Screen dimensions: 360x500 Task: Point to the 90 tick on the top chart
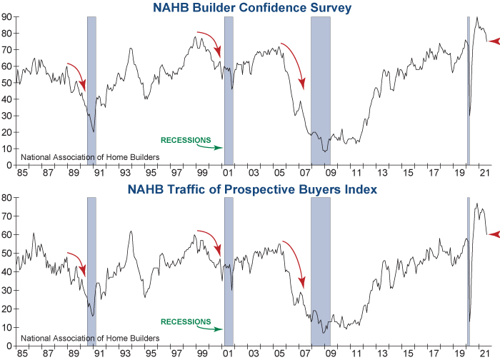coord(6,16)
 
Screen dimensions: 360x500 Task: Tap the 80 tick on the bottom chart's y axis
coord(6,197)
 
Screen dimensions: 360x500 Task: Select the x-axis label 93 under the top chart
coord(125,173)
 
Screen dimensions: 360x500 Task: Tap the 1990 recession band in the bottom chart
coord(91,271)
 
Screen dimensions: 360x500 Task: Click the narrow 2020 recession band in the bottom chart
coord(468,271)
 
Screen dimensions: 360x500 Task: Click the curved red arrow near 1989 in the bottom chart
coord(77,263)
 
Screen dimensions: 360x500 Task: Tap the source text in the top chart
coord(90,157)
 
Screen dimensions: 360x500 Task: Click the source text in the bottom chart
coord(90,338)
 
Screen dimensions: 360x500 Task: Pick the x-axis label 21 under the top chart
coord(484,173)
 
